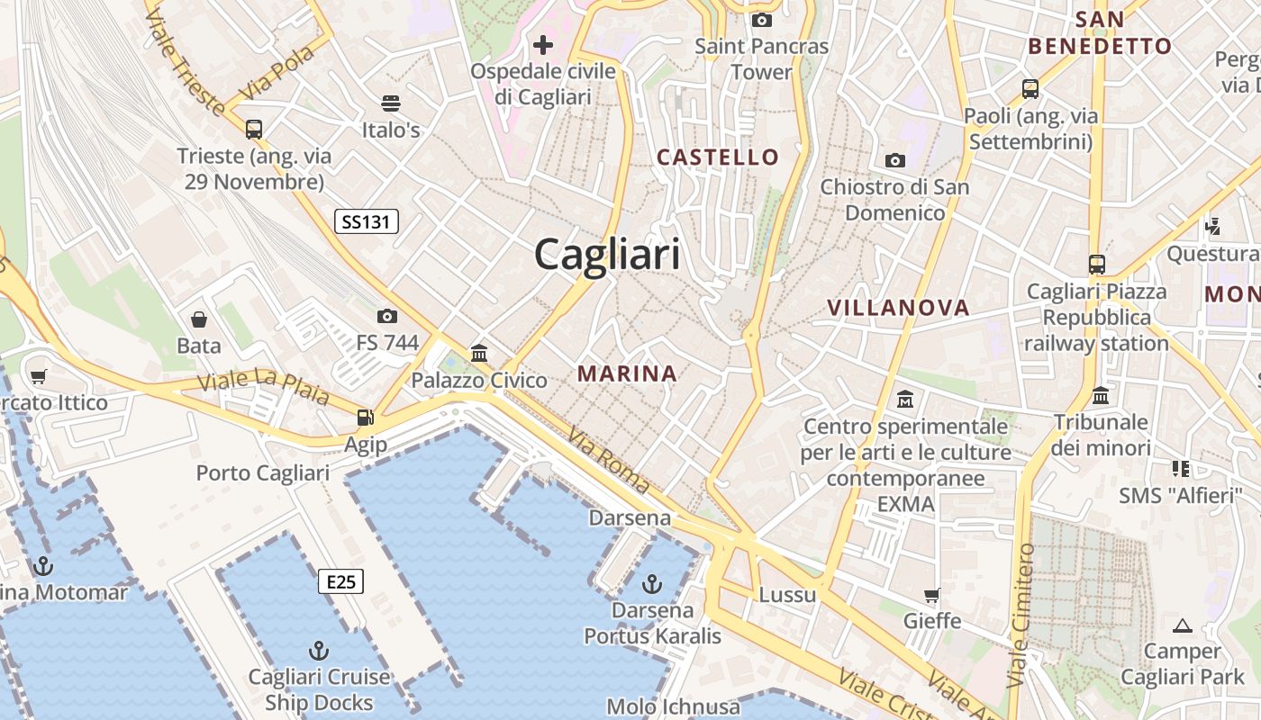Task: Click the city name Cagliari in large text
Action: [608, 255]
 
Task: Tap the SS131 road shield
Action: [367, 221]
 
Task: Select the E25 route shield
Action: [340, 582]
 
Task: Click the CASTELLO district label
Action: [718, 157]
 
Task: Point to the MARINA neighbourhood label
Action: [627, 373]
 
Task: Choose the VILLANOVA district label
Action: [898, 308]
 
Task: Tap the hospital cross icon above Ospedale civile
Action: [543, 44]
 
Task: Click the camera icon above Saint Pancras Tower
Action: [761, 20]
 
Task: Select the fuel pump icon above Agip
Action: [366, 418]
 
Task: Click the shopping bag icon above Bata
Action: [199, 319]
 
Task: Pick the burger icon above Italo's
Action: [391, 103]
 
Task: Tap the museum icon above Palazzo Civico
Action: [479, 353]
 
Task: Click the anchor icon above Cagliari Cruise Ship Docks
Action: [318, 650]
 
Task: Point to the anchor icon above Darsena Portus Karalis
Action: [651, 584]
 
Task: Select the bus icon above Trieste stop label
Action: [254, 129]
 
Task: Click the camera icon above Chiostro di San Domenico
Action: [894, 160]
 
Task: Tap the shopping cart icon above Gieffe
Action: [932, 595]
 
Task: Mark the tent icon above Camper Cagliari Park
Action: [1183, 625]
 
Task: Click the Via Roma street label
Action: [609, 460]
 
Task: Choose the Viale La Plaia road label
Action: [263, 388]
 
